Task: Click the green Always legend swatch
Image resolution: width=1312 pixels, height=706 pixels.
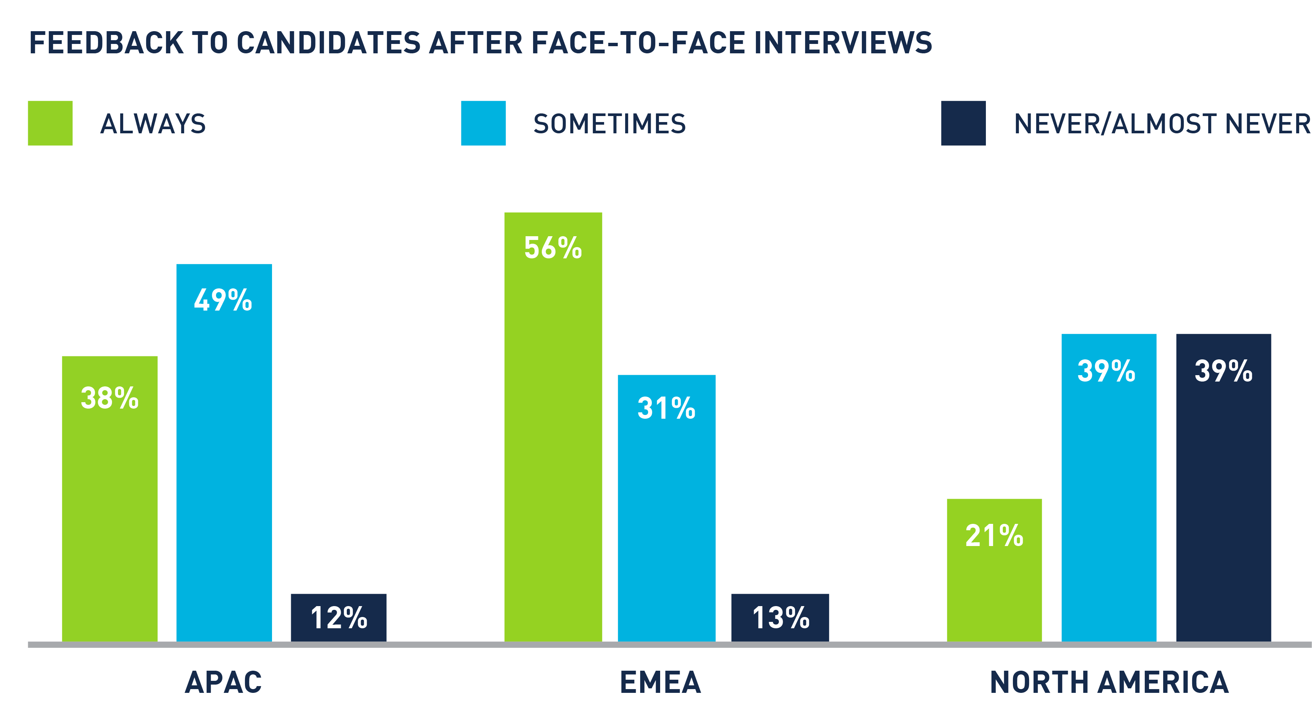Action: point(50,123)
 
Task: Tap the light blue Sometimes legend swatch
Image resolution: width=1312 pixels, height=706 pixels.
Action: point(483,123)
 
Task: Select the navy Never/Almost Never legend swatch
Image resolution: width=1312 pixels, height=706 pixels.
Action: point(963,123)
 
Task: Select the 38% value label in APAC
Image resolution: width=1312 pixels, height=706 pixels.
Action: point(109,398)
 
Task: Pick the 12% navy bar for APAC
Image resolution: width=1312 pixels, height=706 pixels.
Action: point(339,617)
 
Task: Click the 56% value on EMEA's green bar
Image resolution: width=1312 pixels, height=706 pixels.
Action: point(553,248)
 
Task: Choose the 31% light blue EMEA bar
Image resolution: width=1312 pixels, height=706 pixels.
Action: point(666,509)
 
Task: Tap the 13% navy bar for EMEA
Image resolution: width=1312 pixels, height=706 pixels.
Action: point(780,617)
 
